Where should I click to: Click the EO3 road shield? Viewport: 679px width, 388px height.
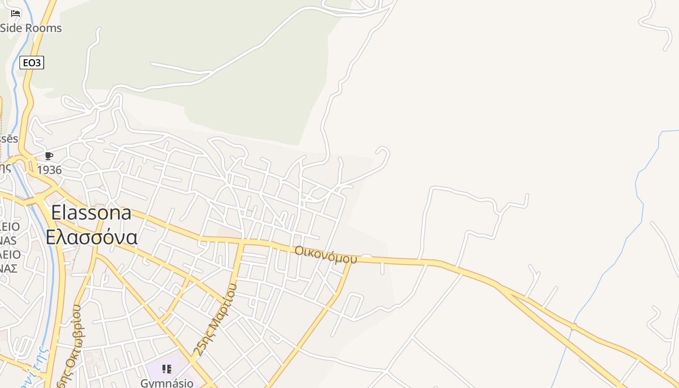pos(32,63)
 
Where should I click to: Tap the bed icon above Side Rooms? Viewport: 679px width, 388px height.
pos(16,13)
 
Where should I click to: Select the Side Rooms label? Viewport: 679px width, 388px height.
pos(31,28)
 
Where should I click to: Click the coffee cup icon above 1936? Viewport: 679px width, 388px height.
pos(48,156)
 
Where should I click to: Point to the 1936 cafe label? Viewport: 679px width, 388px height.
pos(49,170)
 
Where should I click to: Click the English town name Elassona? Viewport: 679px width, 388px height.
pos(91,213)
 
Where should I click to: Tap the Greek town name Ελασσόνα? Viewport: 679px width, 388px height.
pos(92,237)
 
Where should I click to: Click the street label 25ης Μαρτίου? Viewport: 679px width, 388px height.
pos(215,320)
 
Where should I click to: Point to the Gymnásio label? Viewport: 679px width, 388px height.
pos(167,383)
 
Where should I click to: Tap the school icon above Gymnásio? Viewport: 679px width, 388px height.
pos(167,369)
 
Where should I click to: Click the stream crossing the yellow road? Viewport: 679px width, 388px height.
pos(573,327)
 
